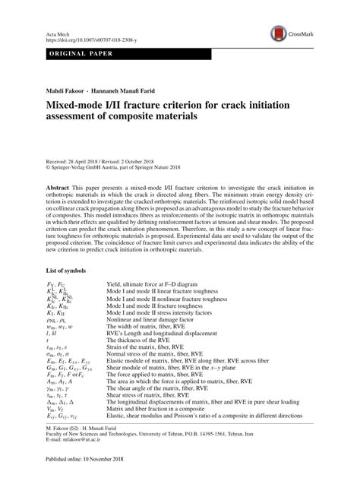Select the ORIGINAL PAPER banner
click(x=69, y=58)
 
